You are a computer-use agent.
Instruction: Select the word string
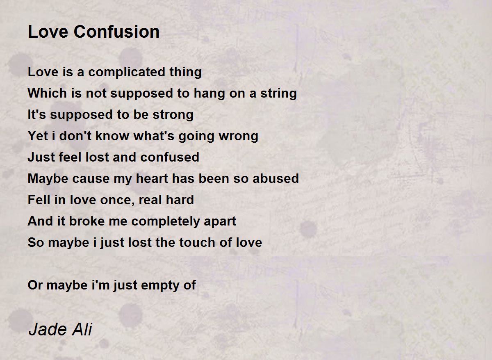(x=278, y=94)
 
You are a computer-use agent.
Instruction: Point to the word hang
(x=207, y=94)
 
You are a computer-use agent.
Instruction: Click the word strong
(x=173, y=115)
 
